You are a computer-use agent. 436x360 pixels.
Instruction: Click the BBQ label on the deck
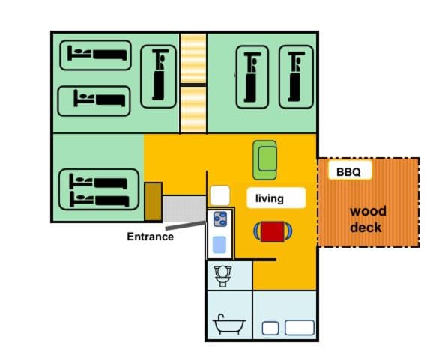(348, 172)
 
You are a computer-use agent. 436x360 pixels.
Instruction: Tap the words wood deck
(368, 219)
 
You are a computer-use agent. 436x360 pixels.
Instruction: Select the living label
(270, 198)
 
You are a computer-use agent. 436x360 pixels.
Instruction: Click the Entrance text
(150, 237)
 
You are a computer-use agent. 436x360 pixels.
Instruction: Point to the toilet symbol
(222, 276)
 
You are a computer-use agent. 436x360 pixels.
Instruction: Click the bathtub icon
(228, 324)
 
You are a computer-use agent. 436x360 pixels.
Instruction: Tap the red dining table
(273, 231)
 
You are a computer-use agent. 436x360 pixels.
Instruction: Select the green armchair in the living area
(264, 160)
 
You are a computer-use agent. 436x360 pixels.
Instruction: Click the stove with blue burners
(220, 219)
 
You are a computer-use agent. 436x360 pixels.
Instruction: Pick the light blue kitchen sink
(219, 245)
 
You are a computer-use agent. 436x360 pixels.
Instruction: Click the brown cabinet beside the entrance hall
(154, 201)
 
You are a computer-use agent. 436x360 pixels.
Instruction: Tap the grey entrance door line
(186, 225)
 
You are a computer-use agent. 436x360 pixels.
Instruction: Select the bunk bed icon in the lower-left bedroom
(99, 189)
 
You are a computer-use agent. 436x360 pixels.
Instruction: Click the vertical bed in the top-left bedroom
(159, 76)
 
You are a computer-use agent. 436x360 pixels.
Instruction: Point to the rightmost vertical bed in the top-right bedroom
(296, 76)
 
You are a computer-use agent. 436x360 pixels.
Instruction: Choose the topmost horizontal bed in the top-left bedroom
(95, 55)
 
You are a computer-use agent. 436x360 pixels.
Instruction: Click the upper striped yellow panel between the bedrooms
(193, 58)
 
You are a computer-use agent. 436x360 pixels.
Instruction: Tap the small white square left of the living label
(220, 195)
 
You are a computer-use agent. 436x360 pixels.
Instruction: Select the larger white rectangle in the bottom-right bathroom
(300, 328)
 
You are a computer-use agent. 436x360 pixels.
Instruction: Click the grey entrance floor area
(184, 209)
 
